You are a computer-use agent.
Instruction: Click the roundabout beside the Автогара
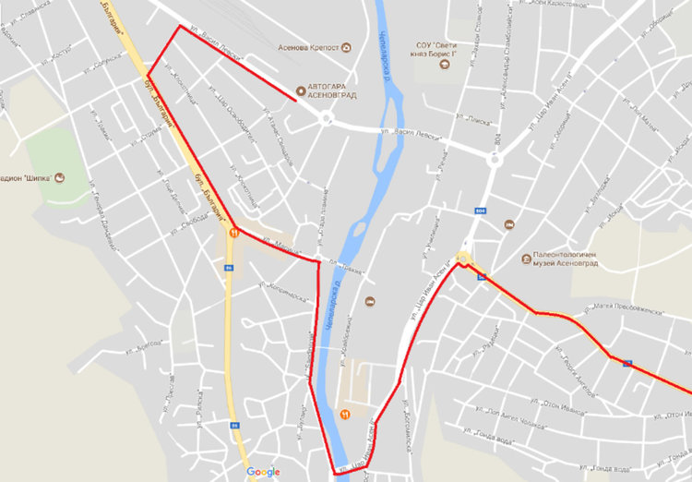click(325, 117)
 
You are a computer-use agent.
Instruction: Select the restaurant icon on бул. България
click(235, 234)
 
